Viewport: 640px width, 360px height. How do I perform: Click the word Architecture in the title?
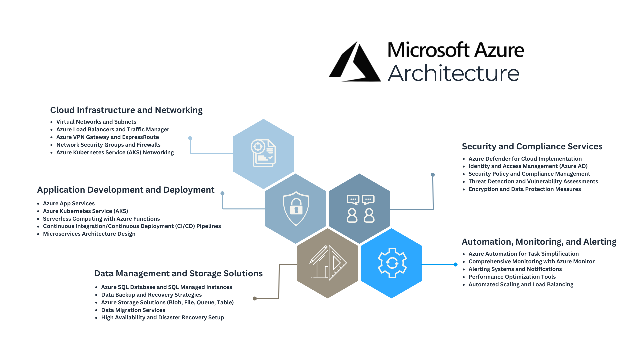[x=454, y=73]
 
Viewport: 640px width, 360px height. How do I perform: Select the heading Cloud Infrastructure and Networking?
[x=126, y=110]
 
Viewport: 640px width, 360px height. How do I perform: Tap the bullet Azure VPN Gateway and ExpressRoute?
[x=107, y=137]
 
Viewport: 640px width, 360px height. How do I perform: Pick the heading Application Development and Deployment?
[x=126, y=190]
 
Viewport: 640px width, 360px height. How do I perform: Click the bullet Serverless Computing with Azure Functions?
[x=101, y=219]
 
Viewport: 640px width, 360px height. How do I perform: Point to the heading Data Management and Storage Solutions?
[x=178, y=273]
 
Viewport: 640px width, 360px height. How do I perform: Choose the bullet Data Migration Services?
[x=133, y=310]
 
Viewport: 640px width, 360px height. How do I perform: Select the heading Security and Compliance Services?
[x=532, y=146]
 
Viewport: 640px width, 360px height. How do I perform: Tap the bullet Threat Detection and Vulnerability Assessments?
[x=533, y=181]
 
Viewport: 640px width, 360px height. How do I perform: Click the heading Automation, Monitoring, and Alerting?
[x=539, y=242]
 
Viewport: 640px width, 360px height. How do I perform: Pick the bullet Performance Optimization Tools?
[x=512, y=277]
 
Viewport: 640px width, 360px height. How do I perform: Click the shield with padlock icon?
[x=296, y=209]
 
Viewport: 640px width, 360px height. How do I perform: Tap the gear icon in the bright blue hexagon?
[x=392, y=263]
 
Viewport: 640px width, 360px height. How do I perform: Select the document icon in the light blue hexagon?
[x=263, y=153]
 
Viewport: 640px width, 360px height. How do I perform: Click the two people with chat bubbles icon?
[x=360, y=209]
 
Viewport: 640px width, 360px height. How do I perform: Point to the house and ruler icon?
[x=328, y=263]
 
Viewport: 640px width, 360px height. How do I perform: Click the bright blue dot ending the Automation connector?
[x=456, y=264]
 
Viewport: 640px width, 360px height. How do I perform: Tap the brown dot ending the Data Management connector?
[x=255, y=298]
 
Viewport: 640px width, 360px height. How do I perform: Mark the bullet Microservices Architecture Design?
[x=89, y=234]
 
